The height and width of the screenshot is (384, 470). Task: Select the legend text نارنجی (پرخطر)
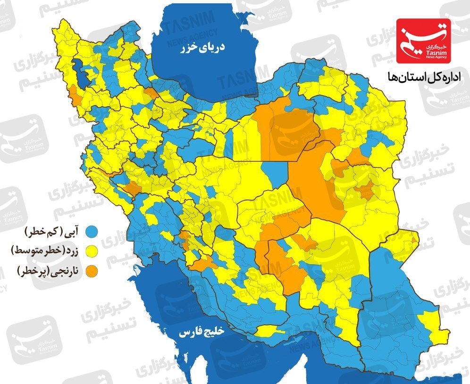point(48,271)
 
